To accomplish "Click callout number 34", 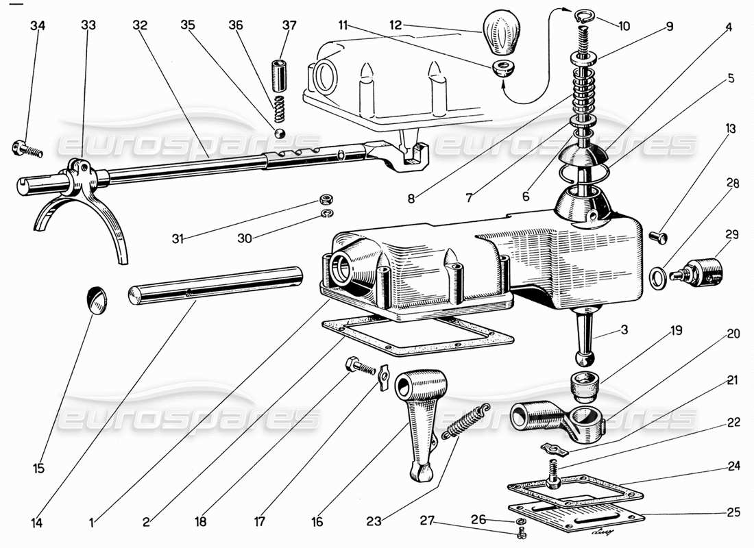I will coord(38,26).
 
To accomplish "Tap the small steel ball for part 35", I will coord(279,132).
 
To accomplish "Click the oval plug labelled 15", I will coord(97,300).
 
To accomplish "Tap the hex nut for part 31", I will coord(327,199).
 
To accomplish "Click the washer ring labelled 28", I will coord(657,277).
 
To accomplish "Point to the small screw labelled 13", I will coord(657,237).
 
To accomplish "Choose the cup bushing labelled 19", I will coord(585,387).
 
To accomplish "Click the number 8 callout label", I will coord(412,200).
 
